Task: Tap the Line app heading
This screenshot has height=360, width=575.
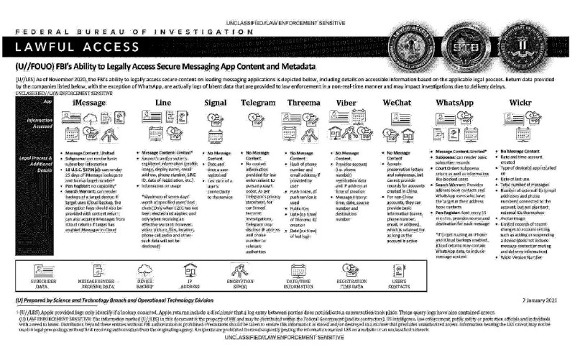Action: pyautogui.click(x=162, y=104)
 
